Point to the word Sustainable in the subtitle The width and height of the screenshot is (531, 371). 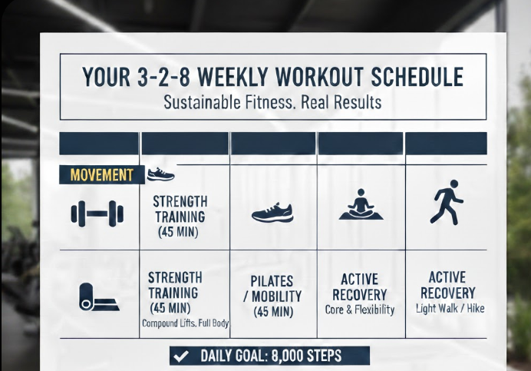tap(198, 101)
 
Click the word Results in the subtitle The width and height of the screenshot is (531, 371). tap(355, 101)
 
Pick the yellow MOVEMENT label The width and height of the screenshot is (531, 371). tap(101, 175)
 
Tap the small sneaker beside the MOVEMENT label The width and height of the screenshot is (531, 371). tap(160, 174)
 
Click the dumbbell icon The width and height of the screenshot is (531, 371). tap(97, 213)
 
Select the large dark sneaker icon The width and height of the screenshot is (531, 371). tap(272, 213)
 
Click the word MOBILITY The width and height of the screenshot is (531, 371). tap(282, 296)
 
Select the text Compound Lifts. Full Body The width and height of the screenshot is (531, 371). tap(185, 323)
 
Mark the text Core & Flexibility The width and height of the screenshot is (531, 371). tap(360, 310)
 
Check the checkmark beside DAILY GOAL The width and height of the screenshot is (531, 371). tap(182, 356)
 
